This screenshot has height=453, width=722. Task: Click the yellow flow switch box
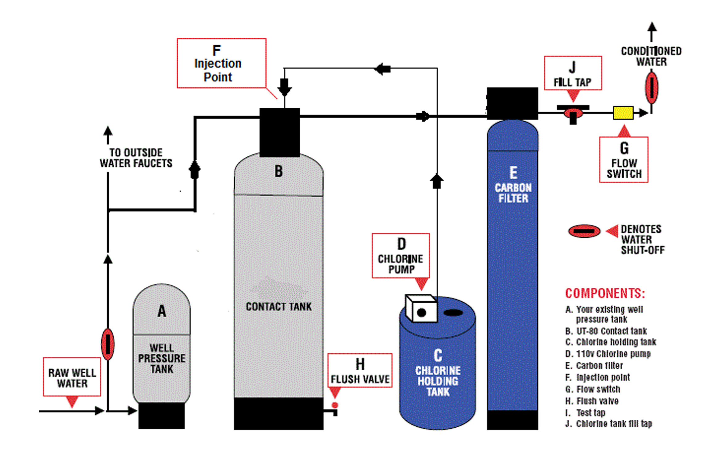(x=623, y=113)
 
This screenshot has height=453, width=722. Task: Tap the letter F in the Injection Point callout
(x=217, y=50)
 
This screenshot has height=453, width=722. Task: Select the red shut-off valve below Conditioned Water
(x=651, y=88)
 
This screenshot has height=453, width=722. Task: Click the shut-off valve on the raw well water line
(x=108, y=344)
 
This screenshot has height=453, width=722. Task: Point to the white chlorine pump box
(x=421, y=309)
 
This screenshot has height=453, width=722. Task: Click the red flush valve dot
(x=335, y=405)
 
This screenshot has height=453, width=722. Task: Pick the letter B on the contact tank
(x=279, y=171)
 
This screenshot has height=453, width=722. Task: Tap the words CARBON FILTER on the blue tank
(x=513, y=193)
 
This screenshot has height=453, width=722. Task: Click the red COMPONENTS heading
(x=605, y=293)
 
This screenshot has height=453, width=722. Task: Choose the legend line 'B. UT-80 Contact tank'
(x=606, y=331)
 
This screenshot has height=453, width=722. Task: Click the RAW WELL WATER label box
(x=72, y=377)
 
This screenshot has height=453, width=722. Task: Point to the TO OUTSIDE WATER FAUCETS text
(x=136, y=158)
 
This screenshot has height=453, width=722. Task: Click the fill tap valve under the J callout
(x=573, y=114)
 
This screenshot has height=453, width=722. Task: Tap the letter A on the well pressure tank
(x=162, y=311)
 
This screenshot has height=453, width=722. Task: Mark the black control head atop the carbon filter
(x=512, y=103)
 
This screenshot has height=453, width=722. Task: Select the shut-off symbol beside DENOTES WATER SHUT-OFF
(x=584, y=231)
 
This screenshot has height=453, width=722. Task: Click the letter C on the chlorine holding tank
(x=438, y=355)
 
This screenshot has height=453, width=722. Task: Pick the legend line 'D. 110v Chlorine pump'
(x=608, y=354)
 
